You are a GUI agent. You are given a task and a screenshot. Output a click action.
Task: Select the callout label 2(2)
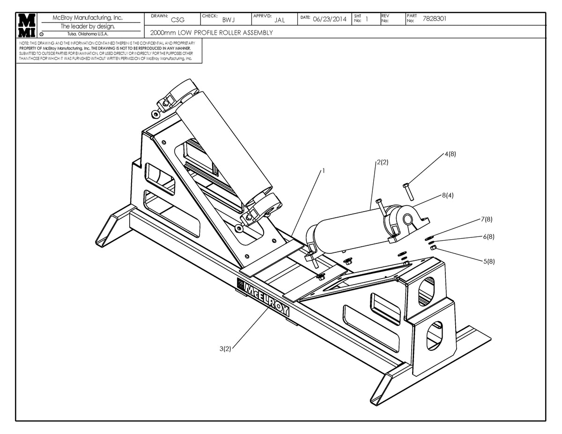[x=382, y=162]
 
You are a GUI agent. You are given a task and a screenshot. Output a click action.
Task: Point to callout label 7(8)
[x=487, y=219]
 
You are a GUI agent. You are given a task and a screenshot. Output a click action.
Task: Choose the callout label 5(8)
[x=488, y=261]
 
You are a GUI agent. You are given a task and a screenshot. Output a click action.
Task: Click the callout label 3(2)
[x=226, y=348]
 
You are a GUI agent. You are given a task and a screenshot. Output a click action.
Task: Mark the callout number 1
[x=323, y=171]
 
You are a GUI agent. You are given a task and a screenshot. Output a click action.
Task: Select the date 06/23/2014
[x=329, y=20]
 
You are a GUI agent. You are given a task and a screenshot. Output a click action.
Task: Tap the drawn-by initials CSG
[x=177, y=20]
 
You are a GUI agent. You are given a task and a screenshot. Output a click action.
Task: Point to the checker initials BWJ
[x=229, y=20]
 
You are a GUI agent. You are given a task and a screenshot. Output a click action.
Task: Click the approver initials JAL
[x=280, y=20]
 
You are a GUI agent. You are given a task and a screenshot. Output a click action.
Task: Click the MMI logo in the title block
[x=26, y=25]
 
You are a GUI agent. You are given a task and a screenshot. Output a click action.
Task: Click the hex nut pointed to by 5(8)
[x=433, y=247]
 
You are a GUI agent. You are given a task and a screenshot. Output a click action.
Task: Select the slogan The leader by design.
[x=88, y=26]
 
